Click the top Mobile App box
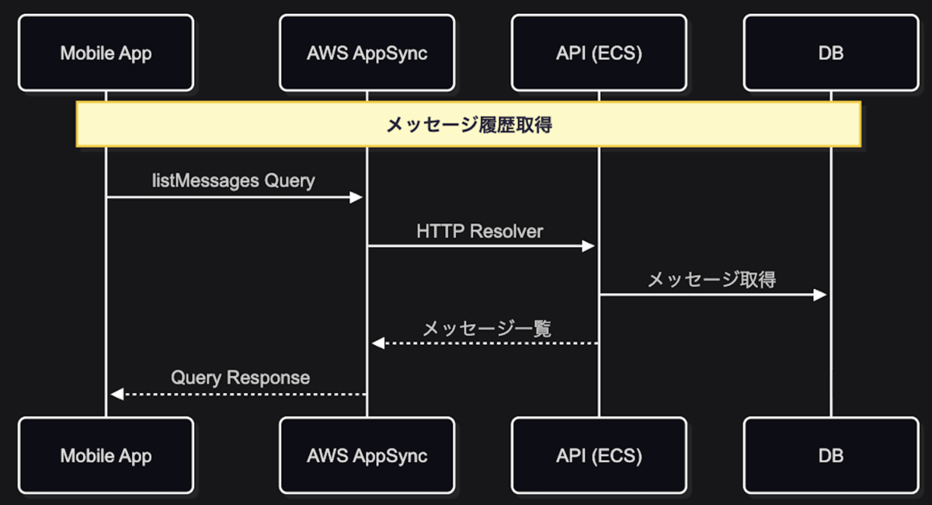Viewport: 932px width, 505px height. pyautogui.click(x=106, y=53)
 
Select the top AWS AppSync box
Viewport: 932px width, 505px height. pyautogui.click(x=367, y=53)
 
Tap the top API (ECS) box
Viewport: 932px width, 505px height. pyautogui.click(x=599, y=53)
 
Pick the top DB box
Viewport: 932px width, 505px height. pyautogui.click(x=830, y=53)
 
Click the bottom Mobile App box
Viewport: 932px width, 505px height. pyautogui.click(x=106, y=455)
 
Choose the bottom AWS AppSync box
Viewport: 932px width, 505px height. pyautogui.click(x=367, y=455)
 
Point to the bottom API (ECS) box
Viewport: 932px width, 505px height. pyautogui.click(x=599, y=455)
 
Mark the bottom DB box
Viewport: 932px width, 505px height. pyautogui.click(x=830, y=455)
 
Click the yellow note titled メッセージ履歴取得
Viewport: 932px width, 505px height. pyautogui.click(x=468, y=124)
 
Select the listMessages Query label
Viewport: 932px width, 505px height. pyautogui.click(x=234, y=181)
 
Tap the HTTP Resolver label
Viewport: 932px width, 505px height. pyautogui.click(x=479, y=231)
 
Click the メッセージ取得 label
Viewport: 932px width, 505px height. pyautogui.click(x=711, y=280)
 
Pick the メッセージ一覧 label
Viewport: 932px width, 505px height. pyautogui.click(x=486, y=329)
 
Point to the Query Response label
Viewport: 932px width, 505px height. pyautogui.click(x=240, y=378)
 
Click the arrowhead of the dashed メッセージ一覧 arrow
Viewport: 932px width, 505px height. pyautogui.click(x=377, y=343)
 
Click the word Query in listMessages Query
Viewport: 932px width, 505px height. pyautogui.click(x=289, y=181)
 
